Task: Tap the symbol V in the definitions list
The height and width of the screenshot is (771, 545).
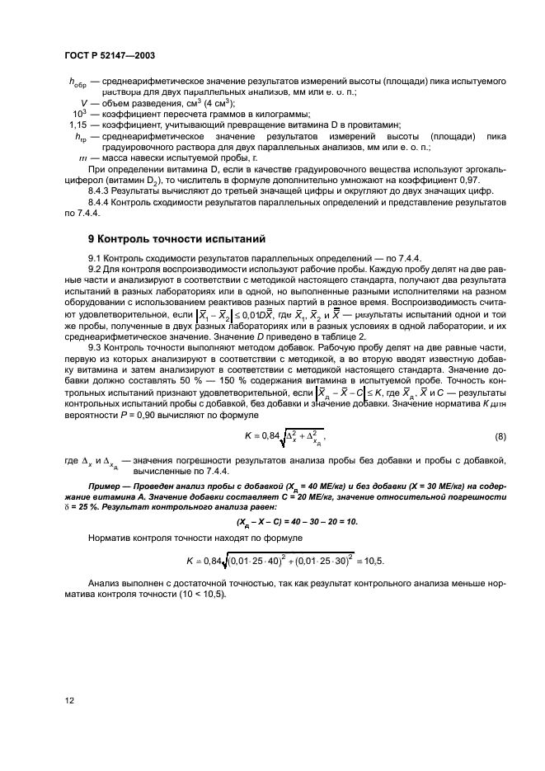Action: [84, 102]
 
